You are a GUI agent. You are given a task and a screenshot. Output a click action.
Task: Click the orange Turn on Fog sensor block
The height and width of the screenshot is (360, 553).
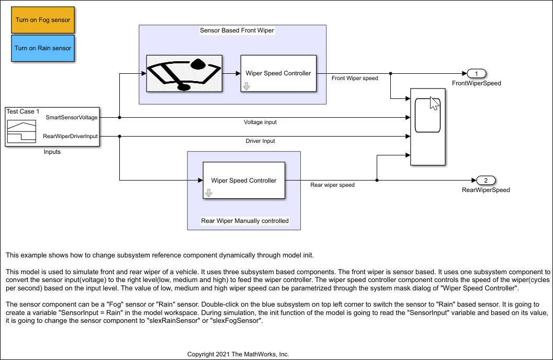click(43, 20)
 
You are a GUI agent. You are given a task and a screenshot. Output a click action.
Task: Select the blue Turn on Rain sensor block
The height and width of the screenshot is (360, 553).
click(43, 48)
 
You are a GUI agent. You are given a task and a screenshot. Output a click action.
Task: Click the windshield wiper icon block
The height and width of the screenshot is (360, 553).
click(184, 73)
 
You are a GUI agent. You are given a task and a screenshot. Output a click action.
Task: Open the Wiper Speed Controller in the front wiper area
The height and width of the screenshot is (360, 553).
click(278, 73)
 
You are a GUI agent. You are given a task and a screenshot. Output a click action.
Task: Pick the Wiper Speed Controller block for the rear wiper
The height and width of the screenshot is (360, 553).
click(244, 180)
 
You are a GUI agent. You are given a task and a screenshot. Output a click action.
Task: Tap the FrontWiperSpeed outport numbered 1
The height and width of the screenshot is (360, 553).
click(477, 74)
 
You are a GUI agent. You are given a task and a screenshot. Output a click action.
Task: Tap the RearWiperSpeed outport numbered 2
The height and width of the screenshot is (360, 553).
click(486, 181)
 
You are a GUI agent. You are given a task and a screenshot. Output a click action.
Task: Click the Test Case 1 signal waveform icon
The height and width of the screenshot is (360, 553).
click(21, 131)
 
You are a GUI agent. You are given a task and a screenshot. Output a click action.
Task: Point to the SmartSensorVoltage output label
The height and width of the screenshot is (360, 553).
click(72, 117)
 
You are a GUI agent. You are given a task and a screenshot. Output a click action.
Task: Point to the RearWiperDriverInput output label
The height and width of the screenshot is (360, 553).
click(70, 136)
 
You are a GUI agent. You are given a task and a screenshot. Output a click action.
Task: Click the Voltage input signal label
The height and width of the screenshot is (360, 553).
click(260, 122)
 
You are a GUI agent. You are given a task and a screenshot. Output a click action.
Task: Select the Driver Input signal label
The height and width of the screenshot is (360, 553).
click(260, 141)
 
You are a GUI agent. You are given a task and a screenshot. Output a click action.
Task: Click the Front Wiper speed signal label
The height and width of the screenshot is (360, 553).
click(355, 78)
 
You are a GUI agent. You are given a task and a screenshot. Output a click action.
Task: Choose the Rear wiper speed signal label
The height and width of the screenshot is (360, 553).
click(333, 185)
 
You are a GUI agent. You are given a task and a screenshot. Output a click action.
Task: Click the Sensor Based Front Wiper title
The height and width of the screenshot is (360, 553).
click(237, 30)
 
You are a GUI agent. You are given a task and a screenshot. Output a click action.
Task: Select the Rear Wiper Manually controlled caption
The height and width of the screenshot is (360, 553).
click(245, 221)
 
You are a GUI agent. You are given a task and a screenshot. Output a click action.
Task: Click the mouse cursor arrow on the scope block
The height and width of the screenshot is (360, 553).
click(434, 103)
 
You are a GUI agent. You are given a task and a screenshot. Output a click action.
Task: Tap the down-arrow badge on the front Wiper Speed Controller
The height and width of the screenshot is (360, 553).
click(246, 86)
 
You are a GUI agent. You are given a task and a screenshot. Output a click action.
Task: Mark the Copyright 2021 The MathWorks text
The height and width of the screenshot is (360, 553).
click(238, 354)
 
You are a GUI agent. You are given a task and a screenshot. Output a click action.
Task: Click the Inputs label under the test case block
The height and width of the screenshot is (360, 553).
click(52, 152)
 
